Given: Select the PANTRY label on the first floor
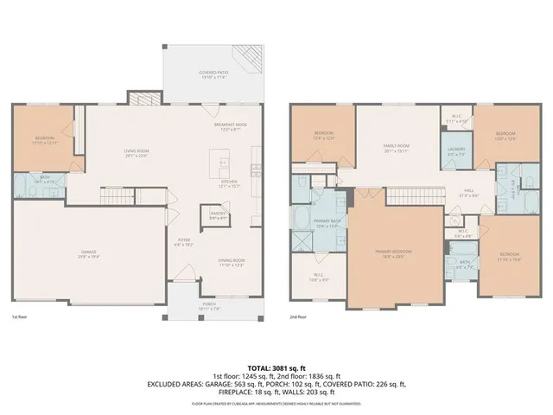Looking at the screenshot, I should [x=213, y=215].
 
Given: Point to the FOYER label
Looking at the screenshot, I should [x=184, y=241].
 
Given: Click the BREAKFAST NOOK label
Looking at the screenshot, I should [x=231, y=126].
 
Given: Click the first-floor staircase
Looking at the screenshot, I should [x=114, y=201].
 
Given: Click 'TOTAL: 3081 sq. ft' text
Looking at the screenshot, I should [x=276, y=369].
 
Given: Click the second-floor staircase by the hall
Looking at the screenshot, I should [x=410, y=198].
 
